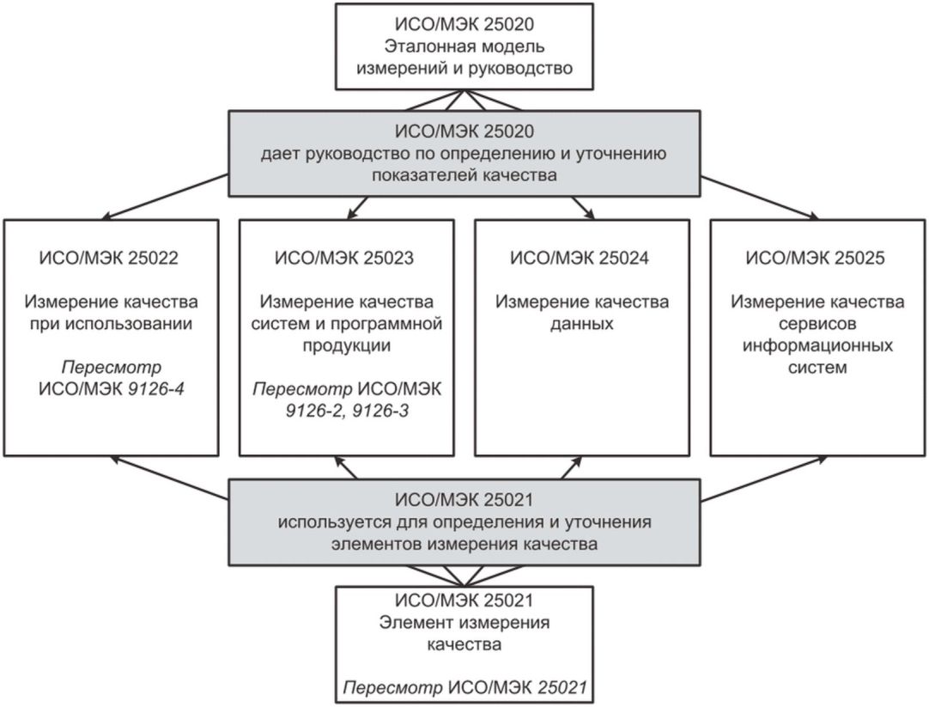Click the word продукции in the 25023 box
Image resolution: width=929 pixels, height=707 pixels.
tap(346, 347)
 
